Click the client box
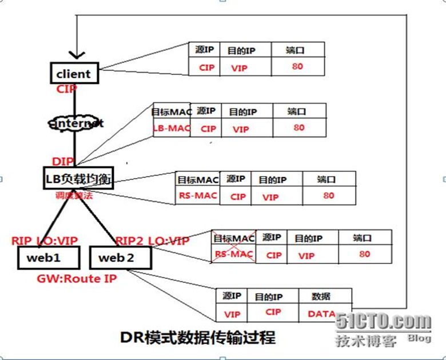[x=73, y=74]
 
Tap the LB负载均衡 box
[x=77, y=179]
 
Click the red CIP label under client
[x=66, y=89]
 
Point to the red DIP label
[x=63, y=162]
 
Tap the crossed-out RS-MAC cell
[x=234, y=255]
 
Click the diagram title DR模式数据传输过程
[x=198, y=337]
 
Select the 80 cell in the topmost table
[x=297, y=66]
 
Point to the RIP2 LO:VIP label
[x=152, y=241]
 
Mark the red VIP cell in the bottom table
[x=232, y=314]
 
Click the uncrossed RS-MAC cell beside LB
[x=197, y=196]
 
